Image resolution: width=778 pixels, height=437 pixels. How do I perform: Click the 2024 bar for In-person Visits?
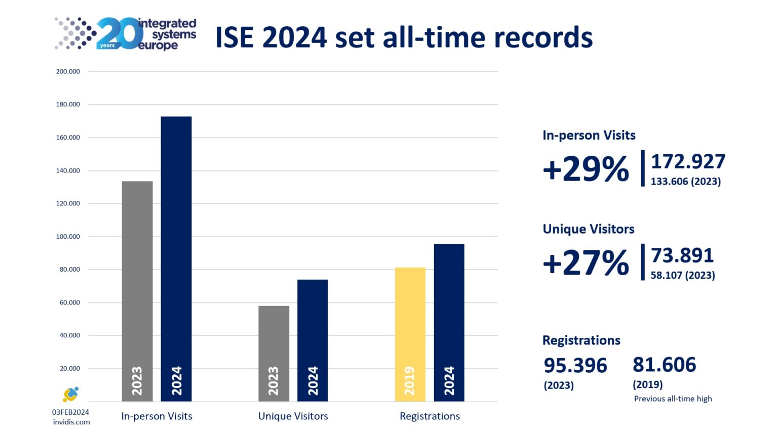pyautogui.click(x=176, y=258)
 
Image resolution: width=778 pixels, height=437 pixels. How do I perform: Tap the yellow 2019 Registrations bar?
pyautogui.click(x=410, y=334)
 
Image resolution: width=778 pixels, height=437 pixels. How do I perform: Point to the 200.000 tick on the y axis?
pyautogui.click(x=68, y=72)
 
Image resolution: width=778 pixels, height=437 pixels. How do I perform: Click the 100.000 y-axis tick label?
pyautogui.click(x=68, y=237)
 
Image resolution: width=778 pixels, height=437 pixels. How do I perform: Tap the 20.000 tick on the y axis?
pyautogui.click(x=70, y=369)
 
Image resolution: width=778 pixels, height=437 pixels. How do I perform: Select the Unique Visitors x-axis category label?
pyautogui.click(x=293, y=416)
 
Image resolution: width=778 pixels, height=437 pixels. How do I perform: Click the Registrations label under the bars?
pyautogui.click(x=430, y=416)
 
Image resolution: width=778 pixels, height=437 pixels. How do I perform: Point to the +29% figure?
pyautogui.click(x=586, y=169)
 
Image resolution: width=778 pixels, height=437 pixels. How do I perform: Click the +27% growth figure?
pyautogui.click(x=586, y=263)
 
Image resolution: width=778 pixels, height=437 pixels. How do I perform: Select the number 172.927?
pyautogui.click(x=688, y=162)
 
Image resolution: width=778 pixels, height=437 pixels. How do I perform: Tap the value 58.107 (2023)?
pyautogui.click(x=682, y=276)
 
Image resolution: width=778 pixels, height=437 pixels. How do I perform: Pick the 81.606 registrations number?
pyautogui.click(x=664, y=365)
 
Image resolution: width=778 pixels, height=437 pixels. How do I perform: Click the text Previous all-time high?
pyautogui.click(x=673, y=399)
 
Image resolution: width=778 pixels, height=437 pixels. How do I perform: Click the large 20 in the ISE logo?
pyautogui.click(x=120, y=34)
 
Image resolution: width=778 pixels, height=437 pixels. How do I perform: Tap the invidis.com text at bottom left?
pyautogui.click(x=71, y=422)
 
